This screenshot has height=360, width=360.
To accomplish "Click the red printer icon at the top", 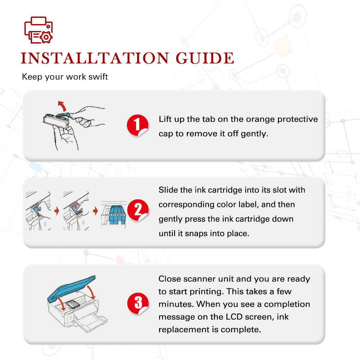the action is (39, 30).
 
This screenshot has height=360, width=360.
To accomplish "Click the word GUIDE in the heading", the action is (205, 58).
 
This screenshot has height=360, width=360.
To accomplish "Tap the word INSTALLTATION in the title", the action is (95, 58).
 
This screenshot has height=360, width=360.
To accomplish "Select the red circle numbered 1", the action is (138, 125).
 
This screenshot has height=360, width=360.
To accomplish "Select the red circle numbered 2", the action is (138, 210).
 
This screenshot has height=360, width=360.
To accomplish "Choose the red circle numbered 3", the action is (138, 303).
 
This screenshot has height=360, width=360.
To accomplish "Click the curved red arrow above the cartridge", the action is (62, 105).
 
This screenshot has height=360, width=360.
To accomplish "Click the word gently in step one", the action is (255, 134).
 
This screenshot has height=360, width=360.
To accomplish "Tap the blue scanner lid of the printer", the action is (71, 288).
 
